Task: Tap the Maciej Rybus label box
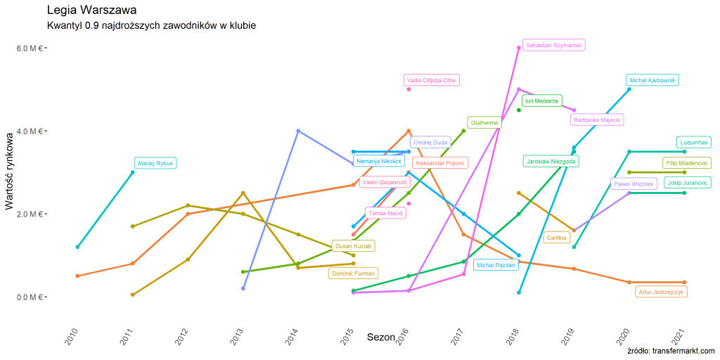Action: click(155, 164)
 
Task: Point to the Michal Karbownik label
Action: click(652, 80)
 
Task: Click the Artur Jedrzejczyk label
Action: click(660, 292)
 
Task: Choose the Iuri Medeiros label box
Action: click(541, 101)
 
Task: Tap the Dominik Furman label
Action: click(354, 273)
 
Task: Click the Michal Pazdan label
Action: click(496, 265)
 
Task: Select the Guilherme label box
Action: click(484, 122)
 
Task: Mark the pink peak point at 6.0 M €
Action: click(519, 48)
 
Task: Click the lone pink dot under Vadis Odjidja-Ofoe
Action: click(409, 89)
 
